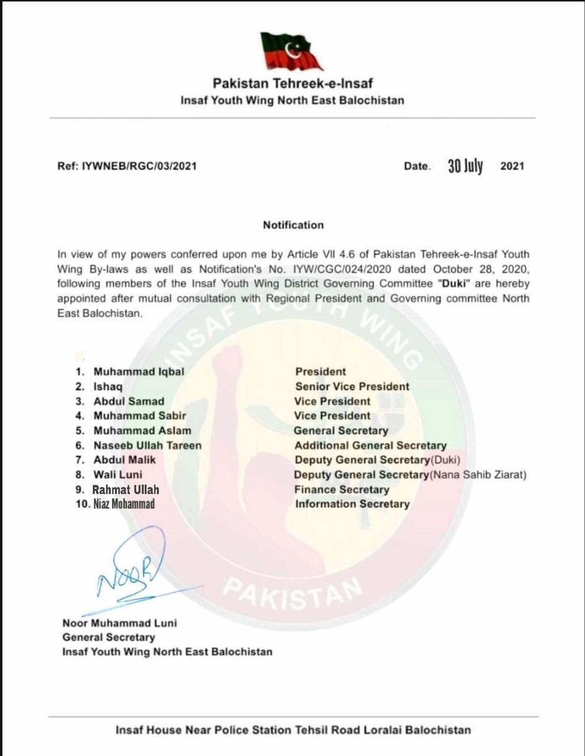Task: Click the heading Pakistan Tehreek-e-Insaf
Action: [292, 84]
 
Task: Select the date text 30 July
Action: [465, 167]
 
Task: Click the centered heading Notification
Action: [293, 225]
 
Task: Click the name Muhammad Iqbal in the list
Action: [139, 372]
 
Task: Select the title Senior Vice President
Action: [352, 387]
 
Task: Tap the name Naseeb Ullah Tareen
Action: [147, 445]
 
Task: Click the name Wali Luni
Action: [118, 475]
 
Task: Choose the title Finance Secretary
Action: [342, 490]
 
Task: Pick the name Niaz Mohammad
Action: [124, 504]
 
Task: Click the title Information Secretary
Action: [352, 504]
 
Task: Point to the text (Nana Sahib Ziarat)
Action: [478, 475]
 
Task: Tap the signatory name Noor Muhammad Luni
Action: [119, 623]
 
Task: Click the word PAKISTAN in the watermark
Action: [294, 592]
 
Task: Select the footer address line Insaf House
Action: [293, 730]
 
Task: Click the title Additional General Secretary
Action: [370, 446]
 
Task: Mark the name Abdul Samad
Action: [129, 402]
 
